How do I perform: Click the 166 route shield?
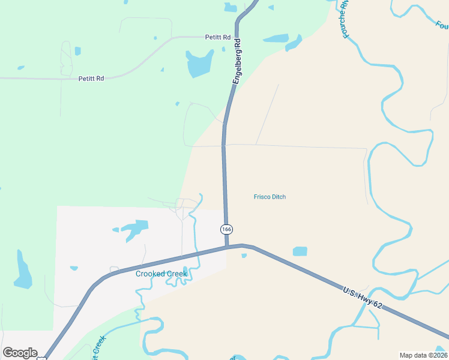(226, 230)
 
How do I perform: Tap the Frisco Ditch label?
(270, 197)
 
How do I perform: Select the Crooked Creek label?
(161, 274)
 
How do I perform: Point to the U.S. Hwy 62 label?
(363, 299)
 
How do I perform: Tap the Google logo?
(20, 353)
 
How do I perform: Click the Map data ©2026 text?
(424, 355)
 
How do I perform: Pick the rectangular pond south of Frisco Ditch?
(300, 251)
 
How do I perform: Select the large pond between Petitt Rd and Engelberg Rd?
(200, 64)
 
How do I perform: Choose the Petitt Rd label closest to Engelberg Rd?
(218, 37)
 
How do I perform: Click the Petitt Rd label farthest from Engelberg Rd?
(91, 79)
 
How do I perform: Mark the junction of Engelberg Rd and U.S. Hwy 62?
(227, 246)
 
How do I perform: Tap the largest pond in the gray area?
(134, 229)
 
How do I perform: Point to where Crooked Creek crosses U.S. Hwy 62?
(194, 253)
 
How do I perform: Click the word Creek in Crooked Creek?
(177, 274)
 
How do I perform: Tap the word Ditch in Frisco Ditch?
(278, 197)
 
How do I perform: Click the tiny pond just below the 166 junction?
(244, 256)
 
